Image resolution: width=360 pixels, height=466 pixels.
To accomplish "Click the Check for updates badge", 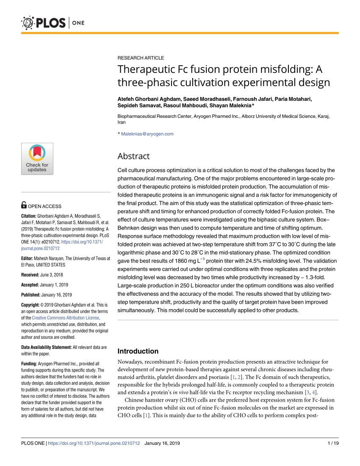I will (x=37, y=159).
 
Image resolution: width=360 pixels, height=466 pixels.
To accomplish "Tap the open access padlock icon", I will (x=24, y=206).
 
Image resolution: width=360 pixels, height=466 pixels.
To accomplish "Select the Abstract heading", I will (x=133, y=156).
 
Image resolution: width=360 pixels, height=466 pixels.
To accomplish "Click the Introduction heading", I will (x=138, y=351).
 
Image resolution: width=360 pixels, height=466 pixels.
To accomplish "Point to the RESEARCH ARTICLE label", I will (x=141, y=58).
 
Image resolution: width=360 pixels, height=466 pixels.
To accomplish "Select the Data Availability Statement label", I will (x=46, y=347).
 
